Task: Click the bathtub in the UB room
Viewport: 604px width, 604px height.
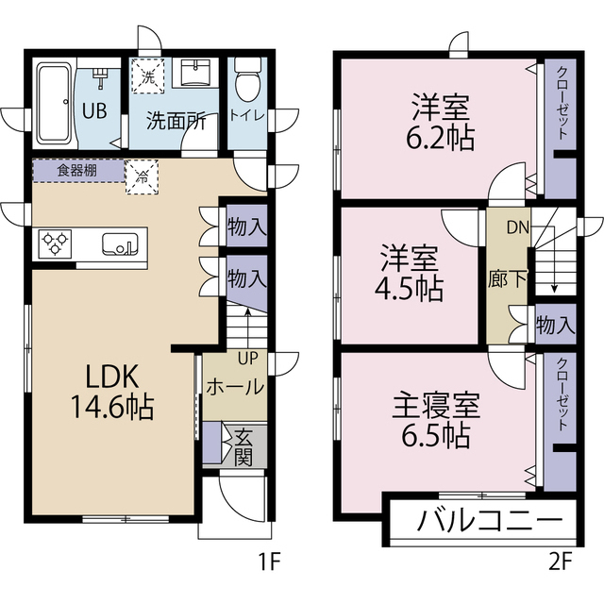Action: (x=53, y=103)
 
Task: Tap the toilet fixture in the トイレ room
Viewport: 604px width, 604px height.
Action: (x=247, y=84)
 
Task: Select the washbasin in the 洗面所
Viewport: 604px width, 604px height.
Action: (x=198, y=73)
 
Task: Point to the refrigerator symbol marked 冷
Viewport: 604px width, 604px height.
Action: (x=143, y=176)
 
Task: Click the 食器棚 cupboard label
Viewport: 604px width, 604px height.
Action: (x=77, y=171)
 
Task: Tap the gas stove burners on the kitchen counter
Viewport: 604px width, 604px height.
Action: (x=56, y=243)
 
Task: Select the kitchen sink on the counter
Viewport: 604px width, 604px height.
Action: (x=122, y=243)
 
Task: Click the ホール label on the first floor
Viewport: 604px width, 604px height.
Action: (x=234, y=387)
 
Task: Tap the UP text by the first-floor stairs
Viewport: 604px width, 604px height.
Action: (x=246, y=359)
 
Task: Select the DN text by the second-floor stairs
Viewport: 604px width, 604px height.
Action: (x=517, y=226)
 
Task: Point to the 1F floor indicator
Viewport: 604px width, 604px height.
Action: (x=269, y=563)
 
